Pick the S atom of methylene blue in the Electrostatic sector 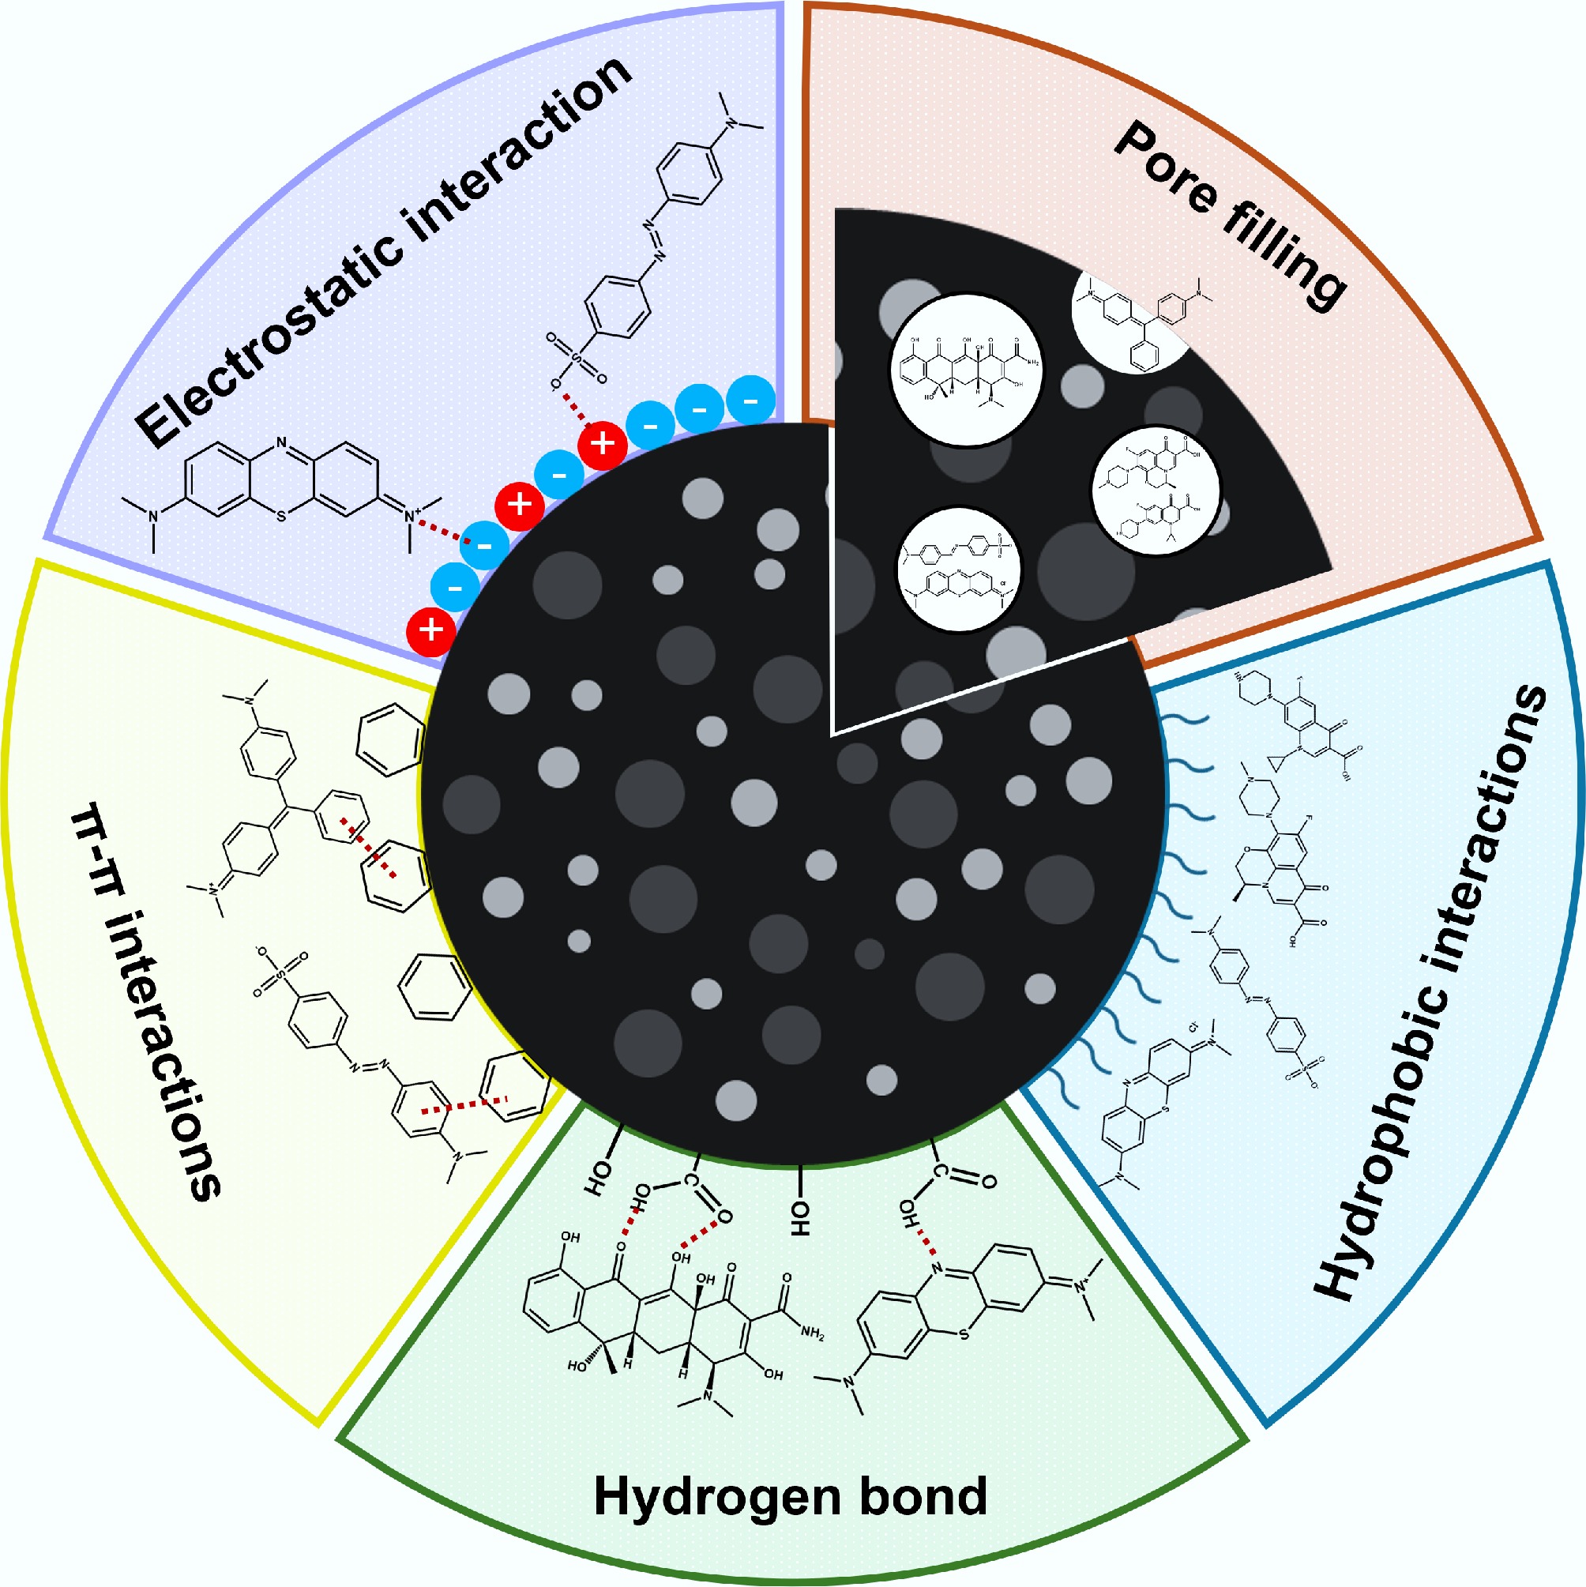[282, 517]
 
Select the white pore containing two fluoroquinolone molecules [1156, 490]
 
